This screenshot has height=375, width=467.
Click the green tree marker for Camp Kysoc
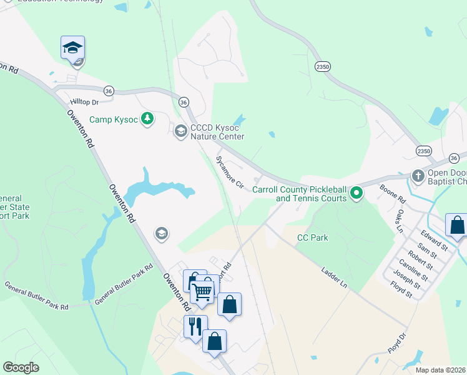[147, 118]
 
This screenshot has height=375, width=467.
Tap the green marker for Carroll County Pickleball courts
[356, 193]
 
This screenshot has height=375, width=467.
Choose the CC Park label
[312, 237]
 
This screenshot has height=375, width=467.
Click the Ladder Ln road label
[333, 279]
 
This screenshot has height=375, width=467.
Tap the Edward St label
[434, 241]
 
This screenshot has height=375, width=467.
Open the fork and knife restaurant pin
[195, 326]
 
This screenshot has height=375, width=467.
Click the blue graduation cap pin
[72, 47]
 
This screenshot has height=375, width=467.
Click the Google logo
[21, 367]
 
